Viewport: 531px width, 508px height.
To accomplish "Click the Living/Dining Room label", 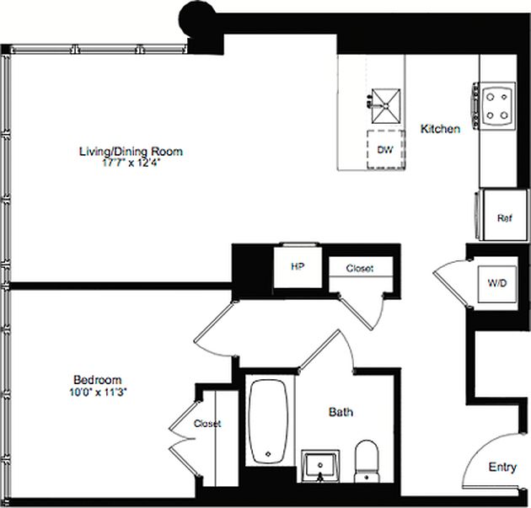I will tap(131, 152).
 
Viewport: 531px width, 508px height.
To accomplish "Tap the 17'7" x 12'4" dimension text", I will tap(131, 163).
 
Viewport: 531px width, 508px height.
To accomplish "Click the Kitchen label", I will tap(440, 130).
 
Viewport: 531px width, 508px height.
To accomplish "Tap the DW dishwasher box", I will tap(386, 151).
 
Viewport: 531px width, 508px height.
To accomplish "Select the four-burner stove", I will tap(496, 105).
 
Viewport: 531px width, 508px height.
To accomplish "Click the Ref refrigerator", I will tap(503, 218).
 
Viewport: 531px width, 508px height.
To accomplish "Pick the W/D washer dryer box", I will tap(496, 283).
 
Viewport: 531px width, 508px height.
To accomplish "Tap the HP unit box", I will tap(298, 267).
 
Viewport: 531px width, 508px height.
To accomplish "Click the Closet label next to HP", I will tap(358, 269).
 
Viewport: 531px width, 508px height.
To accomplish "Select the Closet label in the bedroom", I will tap(206, 424).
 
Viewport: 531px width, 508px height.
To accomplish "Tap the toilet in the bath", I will tap(367, 461).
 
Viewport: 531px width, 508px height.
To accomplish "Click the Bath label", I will tap(341, 413).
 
